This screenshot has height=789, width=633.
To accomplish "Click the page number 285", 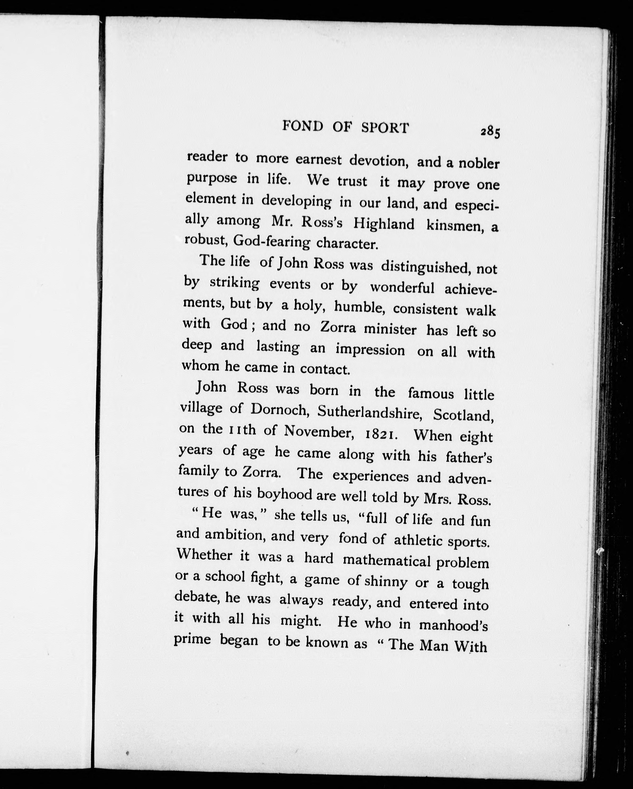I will coord(491,132).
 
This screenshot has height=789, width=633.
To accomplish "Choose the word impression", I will coord(370,350).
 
